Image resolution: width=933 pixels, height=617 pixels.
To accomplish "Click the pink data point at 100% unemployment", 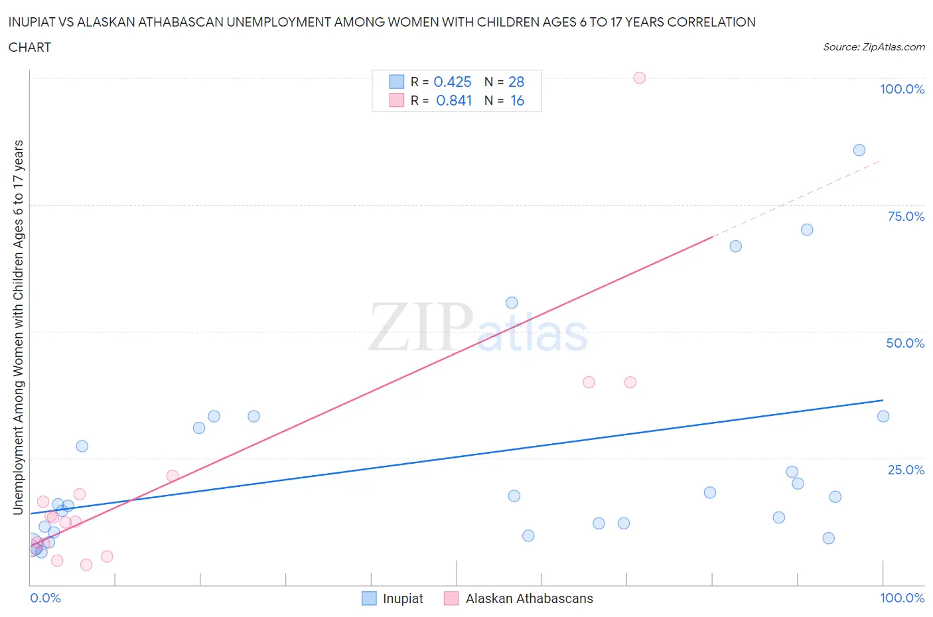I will [639, 78].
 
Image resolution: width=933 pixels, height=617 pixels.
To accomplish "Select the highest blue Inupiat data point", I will [859, 150].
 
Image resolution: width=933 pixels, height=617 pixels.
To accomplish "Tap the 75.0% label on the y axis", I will [906, 216].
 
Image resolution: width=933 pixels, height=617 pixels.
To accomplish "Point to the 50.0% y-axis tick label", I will [905, 343].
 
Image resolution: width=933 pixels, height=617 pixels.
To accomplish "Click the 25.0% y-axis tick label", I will [906, 470].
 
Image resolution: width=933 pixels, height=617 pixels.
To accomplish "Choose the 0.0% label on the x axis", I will [45, 598].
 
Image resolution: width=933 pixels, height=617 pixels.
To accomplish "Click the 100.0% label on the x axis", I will [902, 598].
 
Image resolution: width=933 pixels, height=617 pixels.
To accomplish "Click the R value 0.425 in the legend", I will [452, 82].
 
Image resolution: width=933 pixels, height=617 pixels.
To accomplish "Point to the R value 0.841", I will [454, 100].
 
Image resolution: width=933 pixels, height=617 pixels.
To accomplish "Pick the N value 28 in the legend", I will [516, 82].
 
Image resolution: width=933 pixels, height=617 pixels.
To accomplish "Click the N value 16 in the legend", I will [517, 100].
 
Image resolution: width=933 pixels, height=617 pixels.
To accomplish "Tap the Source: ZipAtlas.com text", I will [873, 46].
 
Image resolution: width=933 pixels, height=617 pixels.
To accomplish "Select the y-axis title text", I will [18, 327].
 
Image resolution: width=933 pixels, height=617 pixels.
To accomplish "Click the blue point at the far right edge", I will [883, 416].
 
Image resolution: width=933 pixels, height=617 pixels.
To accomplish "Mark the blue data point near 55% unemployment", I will [512, 303].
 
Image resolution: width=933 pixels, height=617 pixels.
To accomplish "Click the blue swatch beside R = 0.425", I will [396, 82].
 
